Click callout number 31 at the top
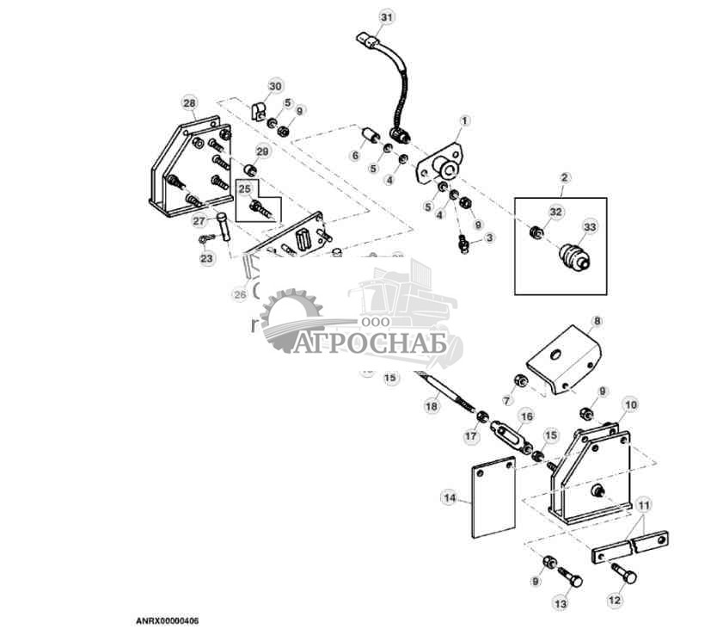coord(387,17)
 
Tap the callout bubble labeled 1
coord(464,120)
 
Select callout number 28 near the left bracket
coord(189,102)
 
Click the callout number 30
coord(275,86)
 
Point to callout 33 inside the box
coord(589,226)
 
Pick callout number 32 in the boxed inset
coord(555,211)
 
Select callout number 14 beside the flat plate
coord(448,496)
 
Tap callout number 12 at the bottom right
coord(614,601)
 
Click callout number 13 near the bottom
coord(561,604)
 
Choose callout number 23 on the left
coord(206,258)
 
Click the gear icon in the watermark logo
coord(288,320)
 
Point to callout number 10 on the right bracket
coord(630,404)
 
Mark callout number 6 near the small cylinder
coord(354,156)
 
